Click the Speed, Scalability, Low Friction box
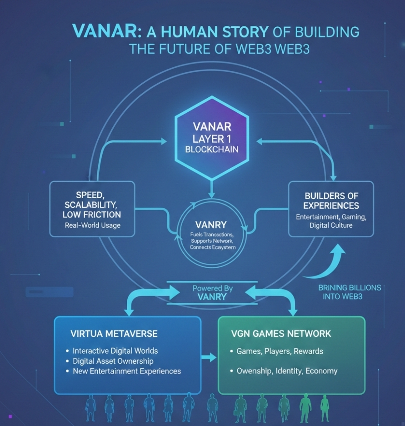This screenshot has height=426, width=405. (x=92, y=209)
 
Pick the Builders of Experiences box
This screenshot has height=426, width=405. (x=331, y=209)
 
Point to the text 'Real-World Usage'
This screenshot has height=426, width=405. (x=92, y=225)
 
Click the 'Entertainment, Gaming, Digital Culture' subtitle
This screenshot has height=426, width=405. (x=331, y=221)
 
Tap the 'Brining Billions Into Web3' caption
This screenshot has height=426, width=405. (x=349, y=292)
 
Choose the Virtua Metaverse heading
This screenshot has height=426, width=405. (x=114, y=334)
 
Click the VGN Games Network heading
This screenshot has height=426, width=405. (x=281, y=334)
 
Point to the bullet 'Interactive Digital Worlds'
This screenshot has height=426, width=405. (x=115, y=351)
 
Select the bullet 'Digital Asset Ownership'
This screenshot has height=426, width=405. (x=113, y=361)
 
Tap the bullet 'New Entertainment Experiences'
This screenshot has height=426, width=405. (x=127, y=371)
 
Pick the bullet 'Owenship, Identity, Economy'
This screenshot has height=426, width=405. (x=287, y=371)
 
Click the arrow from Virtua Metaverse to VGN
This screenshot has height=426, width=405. (x=209, y=357)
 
